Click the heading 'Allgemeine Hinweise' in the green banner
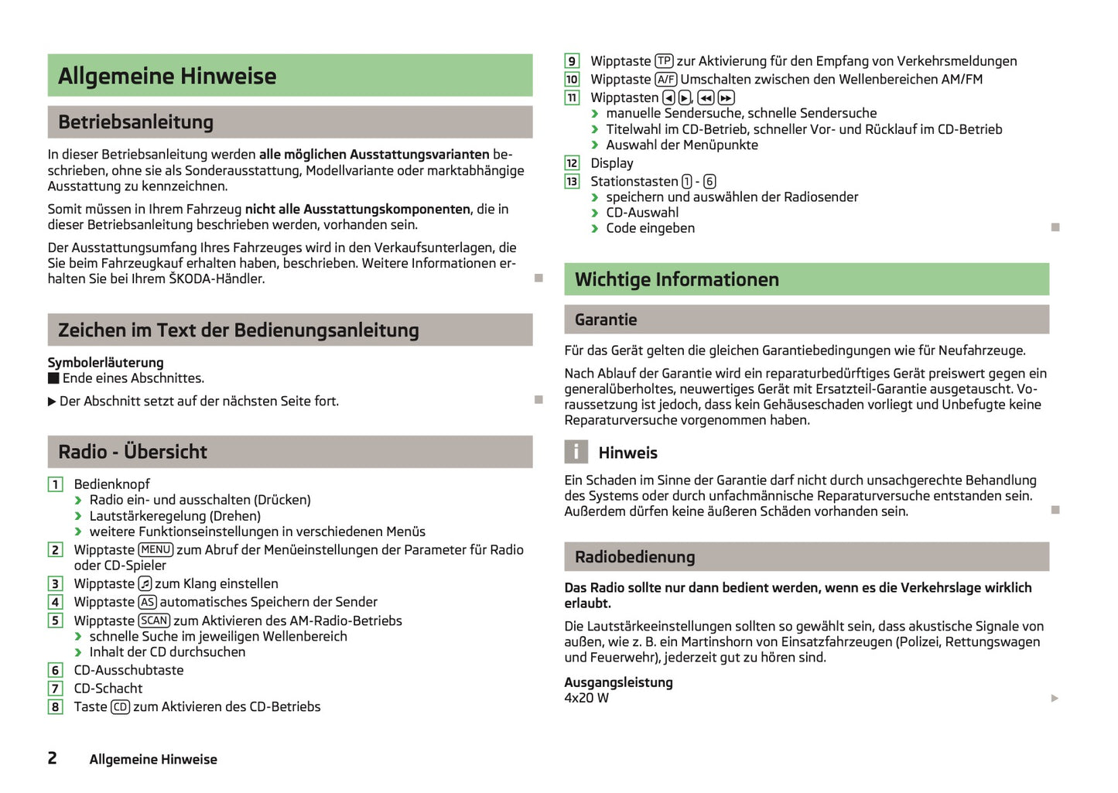point(167,76)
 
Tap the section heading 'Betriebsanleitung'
point(135,122)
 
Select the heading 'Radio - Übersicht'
point(132,452)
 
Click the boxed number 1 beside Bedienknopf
point(55,484)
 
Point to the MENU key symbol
point(156,550)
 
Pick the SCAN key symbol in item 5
point(154,620)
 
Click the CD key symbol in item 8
point(120,707)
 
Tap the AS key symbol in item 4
point(147,602)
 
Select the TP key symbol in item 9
point(664,61)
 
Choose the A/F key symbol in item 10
point(665,80)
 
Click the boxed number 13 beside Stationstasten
point(572,182)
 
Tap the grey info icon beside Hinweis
point(576,452)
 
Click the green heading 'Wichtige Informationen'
point(676,279)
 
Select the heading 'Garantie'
point(606,320)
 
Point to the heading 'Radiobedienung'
point(634,557)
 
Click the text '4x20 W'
point(586,698)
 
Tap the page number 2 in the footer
point(52,758)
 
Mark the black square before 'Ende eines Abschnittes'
point(53,378)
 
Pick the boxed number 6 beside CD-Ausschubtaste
point(55,670)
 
